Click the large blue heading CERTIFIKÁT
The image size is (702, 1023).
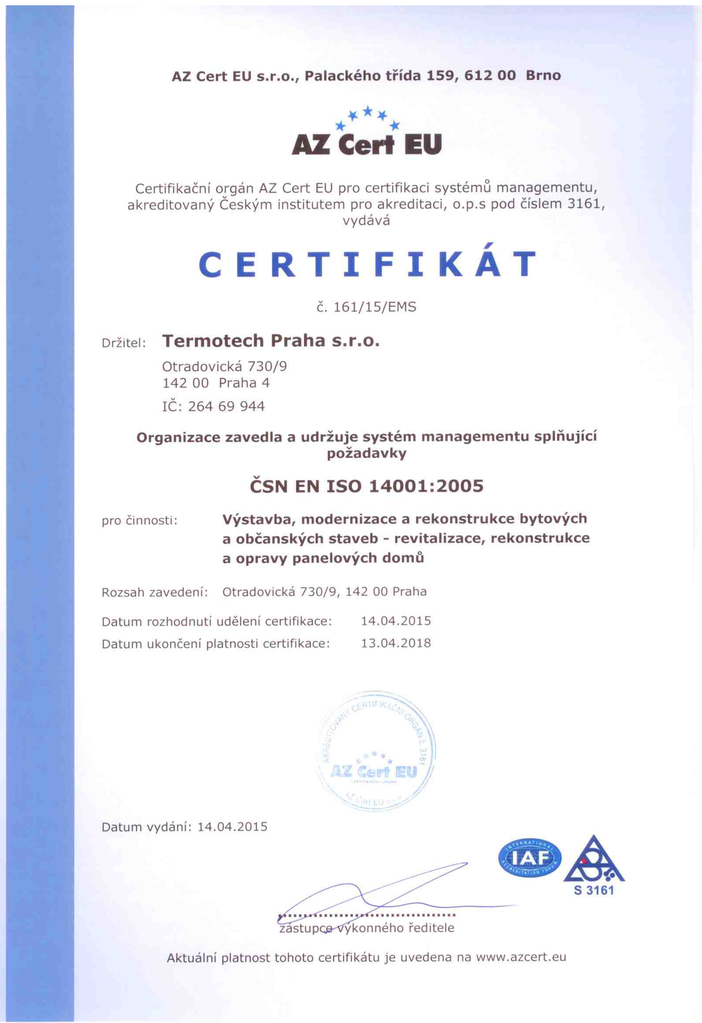point(367,264)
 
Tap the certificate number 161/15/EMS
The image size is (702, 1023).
point(366,307)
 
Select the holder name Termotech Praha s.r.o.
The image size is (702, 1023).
point(271,341)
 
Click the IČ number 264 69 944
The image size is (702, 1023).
point(226,406)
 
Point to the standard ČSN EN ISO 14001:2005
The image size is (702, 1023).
point(366,486)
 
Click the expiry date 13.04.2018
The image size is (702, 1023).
point(396,643)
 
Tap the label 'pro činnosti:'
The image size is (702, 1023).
point(140,521)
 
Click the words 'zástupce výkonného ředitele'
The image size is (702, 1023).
point(366,928)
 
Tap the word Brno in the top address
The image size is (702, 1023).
point(543,76)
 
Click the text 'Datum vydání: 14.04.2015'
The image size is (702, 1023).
point(184,827)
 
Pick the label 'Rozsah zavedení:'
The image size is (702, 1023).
point(154,592)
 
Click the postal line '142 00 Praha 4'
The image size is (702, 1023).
point(216,383)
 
